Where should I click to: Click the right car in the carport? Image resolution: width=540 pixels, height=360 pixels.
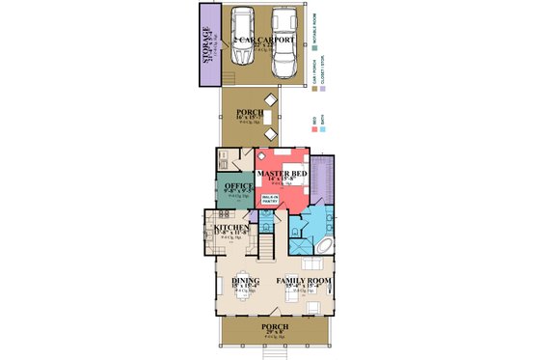click(283, 42)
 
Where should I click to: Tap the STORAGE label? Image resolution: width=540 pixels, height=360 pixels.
click(208, 43)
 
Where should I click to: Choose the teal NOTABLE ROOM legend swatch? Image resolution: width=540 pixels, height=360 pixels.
click(316, 45)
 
